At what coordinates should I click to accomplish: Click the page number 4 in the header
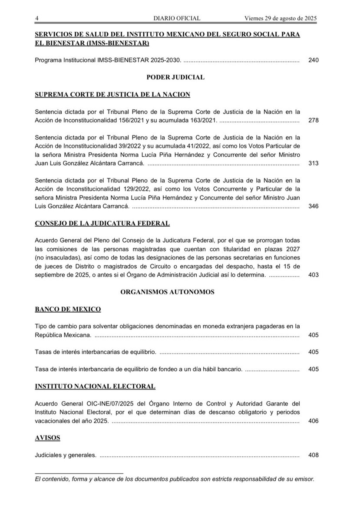pos(37,18)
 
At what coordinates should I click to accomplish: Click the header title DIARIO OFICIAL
pos(177,18)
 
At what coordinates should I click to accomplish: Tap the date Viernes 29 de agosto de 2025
pos(281,18)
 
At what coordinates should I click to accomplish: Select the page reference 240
pos(313,60)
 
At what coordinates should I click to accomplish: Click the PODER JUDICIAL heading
pos(176,77)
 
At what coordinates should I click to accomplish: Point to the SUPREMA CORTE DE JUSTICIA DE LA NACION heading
pos(112,94)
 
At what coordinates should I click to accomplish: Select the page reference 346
pos(313,206)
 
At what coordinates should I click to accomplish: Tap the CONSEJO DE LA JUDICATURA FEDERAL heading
pos(102,223)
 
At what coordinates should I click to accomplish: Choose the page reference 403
pos(313,275)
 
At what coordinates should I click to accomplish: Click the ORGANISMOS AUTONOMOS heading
pos(167,292)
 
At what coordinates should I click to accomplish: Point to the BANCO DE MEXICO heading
pos(68,309)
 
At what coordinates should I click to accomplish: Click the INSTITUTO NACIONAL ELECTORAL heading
pos(95,386)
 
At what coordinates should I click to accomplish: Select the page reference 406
pos(313,421)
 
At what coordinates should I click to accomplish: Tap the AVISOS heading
pos(47,438)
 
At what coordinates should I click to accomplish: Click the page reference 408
pos(313,455)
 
